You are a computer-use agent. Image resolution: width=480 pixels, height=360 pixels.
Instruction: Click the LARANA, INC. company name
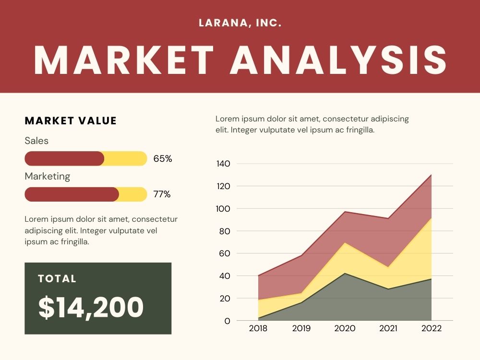240,23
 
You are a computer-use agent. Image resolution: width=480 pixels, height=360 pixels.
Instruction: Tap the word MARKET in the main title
124,60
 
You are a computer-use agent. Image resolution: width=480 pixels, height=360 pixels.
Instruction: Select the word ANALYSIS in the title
338,60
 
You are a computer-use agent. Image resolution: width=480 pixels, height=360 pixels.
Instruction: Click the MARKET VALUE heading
71,120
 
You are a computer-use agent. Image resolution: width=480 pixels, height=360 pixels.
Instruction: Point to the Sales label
36,141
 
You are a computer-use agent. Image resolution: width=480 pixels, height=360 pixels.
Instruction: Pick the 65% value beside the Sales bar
163,158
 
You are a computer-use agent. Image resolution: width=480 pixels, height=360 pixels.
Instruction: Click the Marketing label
48,176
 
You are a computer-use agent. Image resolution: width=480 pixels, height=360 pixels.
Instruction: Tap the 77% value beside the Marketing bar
162,194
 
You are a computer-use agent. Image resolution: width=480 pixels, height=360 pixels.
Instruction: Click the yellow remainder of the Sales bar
125,158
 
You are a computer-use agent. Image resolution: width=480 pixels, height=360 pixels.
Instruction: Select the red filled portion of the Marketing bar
72,194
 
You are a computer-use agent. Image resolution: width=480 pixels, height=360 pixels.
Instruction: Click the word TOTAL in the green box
57,278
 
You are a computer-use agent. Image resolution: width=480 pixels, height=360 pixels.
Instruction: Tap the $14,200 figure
91,307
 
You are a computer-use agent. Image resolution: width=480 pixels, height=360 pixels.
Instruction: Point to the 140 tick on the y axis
223,164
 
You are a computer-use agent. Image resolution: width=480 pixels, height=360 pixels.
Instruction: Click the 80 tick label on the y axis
224,231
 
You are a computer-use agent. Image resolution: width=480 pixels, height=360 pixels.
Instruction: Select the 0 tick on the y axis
227,321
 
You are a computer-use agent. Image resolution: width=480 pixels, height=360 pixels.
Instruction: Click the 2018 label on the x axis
258,328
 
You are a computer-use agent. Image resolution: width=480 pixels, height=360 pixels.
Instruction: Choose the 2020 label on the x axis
345,328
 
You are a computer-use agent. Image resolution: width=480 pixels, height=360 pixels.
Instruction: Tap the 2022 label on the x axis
432,328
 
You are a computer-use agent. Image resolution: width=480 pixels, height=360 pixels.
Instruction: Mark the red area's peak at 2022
432,175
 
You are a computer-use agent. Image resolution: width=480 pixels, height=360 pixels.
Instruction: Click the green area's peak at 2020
345,273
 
